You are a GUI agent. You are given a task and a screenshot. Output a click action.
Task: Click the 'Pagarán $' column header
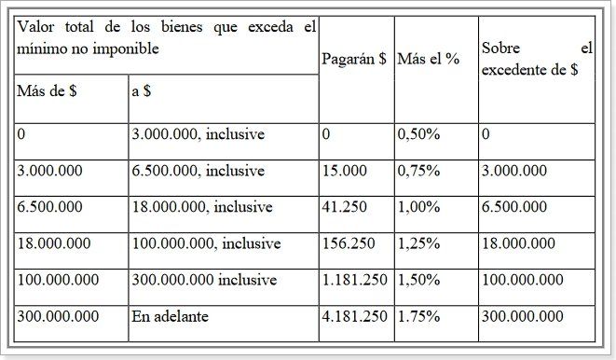pyautogui.click(x=354, y=59)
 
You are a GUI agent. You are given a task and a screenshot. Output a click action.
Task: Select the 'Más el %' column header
pyautogui.click(x=428, y=59)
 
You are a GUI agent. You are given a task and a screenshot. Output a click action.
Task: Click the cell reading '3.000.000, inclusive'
pyautogui.click(x=198, y=134)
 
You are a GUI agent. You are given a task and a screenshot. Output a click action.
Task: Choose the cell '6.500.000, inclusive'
pyautogui.click(x=198, y=171)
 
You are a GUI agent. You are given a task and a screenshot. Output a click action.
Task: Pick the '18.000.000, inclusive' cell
pyautogui.click(x=202, y=207)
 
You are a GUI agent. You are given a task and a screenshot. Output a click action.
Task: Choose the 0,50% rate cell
pyautogui.click(x=418, y=134)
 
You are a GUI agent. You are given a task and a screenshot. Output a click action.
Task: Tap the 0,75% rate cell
pyautogui.click(x=418, y=171)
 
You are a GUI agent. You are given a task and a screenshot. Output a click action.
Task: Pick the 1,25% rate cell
pyautogui.click(x=418, y=243)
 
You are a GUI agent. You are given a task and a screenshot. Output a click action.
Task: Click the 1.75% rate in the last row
pyautogui.click(x=418, y=316)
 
